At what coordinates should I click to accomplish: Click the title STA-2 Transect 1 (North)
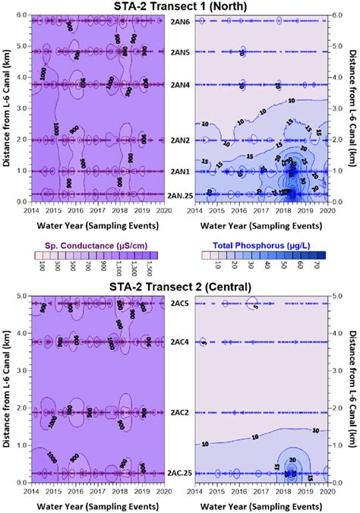[179, 7]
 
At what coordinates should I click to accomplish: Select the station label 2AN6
[180, 21]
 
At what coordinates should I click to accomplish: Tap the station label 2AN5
[180, 52]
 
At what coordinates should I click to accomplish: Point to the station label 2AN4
[180, 84]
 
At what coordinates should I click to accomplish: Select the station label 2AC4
[180, 342]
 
